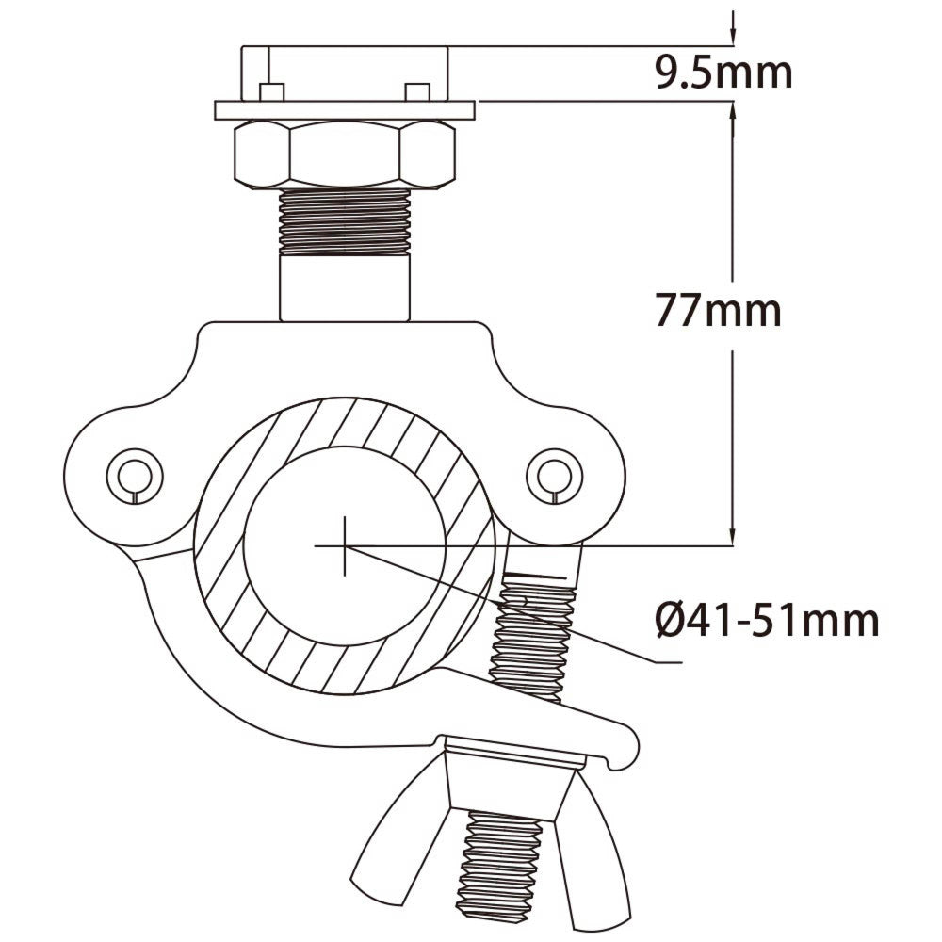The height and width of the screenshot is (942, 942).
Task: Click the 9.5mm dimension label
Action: (723, 73)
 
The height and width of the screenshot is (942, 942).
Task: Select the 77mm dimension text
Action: (719, 310)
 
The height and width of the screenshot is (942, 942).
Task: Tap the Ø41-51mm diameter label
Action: (767, 621)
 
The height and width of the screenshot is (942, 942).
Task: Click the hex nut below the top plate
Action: (344, 154)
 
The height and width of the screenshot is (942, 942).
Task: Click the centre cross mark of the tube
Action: (345, 545)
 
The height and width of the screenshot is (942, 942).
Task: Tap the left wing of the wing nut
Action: (386, 848)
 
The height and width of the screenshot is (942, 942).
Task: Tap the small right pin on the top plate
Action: (416, 91)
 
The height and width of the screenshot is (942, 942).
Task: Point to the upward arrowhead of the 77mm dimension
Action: (734, 110)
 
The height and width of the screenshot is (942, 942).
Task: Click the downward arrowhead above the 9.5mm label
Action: (734, 33)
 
